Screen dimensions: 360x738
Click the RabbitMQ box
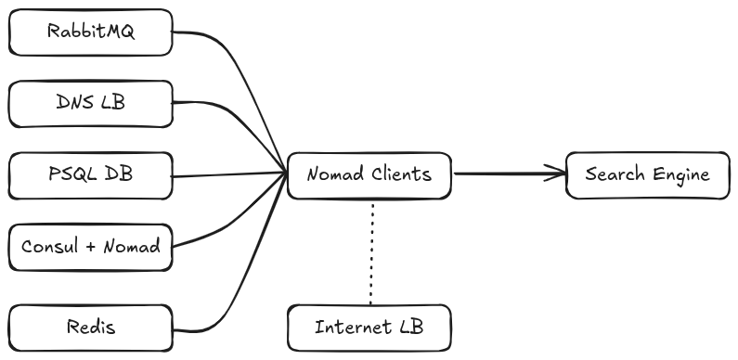click(90, 32)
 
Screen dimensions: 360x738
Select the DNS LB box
click(90, 103)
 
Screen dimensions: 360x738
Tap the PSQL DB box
click(90, 174)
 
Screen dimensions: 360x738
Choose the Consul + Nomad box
click(90, 247)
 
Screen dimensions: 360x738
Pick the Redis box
click(90, 328)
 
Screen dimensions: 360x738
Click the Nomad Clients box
click(369, 174)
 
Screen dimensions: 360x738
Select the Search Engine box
click(648, 174)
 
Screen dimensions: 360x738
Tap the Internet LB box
click(369, 328)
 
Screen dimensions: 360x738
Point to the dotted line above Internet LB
click(371, 251)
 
